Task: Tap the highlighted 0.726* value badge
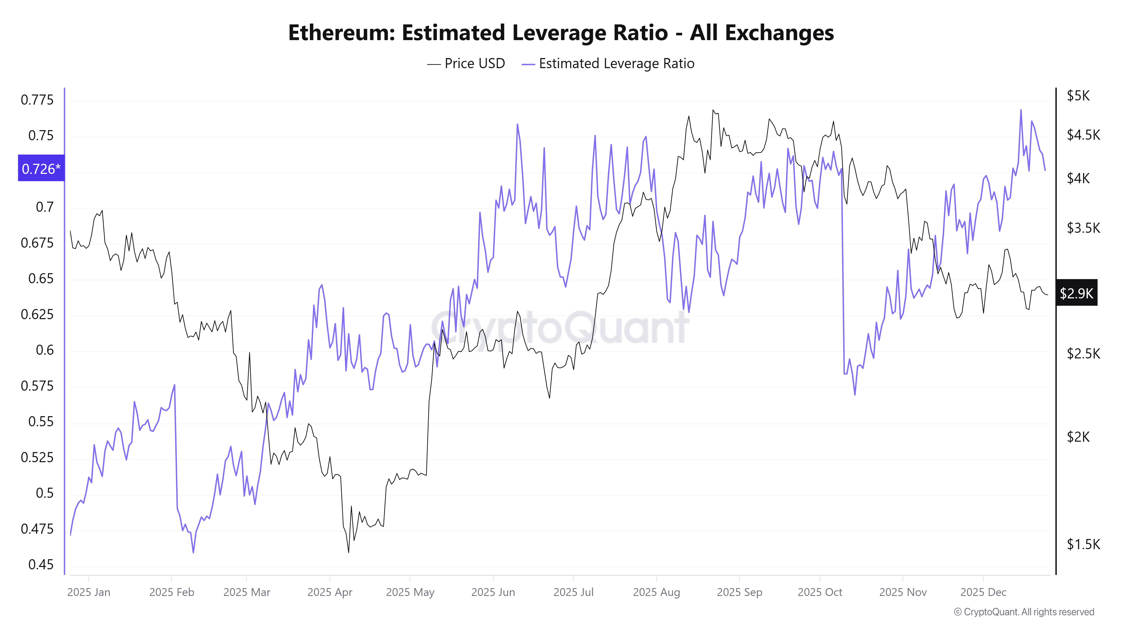point(41,169)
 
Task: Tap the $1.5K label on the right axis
point(1083,544)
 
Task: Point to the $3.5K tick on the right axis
point(1083,228)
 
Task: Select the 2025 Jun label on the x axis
point(493,592)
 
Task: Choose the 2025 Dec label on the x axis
point(983,592)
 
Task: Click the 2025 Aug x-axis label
point(656,592)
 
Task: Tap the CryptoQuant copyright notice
point(1024,612)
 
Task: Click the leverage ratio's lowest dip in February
point(193,552)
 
